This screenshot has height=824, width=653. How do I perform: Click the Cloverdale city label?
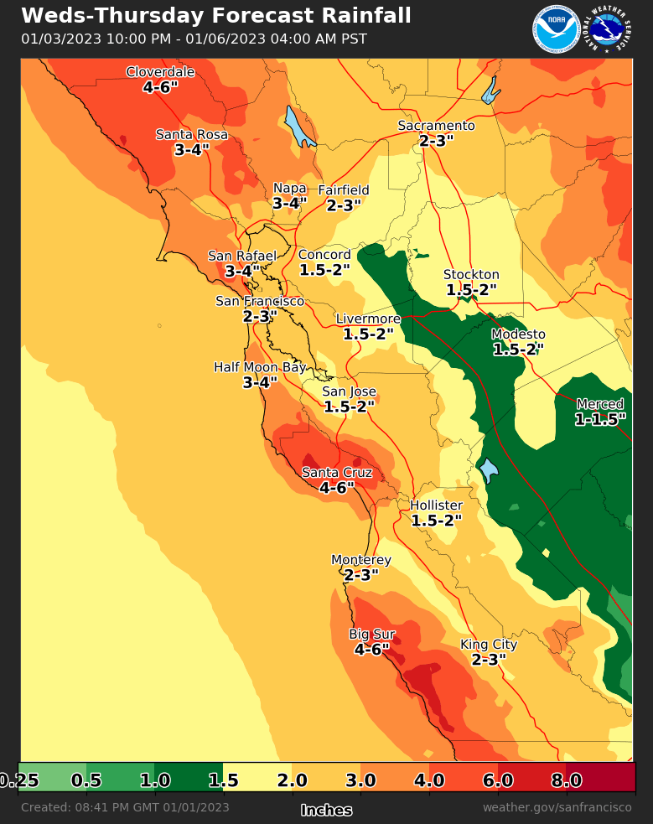[x=160, y=72]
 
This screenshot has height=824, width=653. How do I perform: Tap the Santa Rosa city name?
[x=192, y=135]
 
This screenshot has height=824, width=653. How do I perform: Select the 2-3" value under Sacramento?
[x=436, y=141]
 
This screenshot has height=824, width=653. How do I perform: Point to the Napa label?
[x=290, y=189]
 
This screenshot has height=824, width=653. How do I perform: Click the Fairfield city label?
[x=344, y=190]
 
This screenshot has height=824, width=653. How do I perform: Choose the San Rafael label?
[x=242, y=257]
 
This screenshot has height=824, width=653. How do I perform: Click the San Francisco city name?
[x=260, y=301]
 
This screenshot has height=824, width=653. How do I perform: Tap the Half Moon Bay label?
[x=260, y=367]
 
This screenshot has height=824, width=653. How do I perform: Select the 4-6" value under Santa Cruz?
[x=337, y=488]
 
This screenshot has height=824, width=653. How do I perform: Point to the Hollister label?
[x=436, y=505]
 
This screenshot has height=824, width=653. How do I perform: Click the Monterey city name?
[x=361, y=560]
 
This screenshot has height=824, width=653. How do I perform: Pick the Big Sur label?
[x=371, y=634]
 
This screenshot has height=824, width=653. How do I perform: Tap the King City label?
[x=489, y=645]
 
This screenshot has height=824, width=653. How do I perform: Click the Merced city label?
[x=599, y=404]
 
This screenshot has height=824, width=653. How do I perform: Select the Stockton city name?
[x=471, y=275]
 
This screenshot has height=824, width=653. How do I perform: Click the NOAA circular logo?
[x=555, y=29]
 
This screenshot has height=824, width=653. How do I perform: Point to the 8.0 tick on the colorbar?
[x=567, y=781]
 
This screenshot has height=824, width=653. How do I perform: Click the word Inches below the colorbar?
[x=326, y=811]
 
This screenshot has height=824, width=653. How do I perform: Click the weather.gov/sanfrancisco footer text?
[x=557, y=807]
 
